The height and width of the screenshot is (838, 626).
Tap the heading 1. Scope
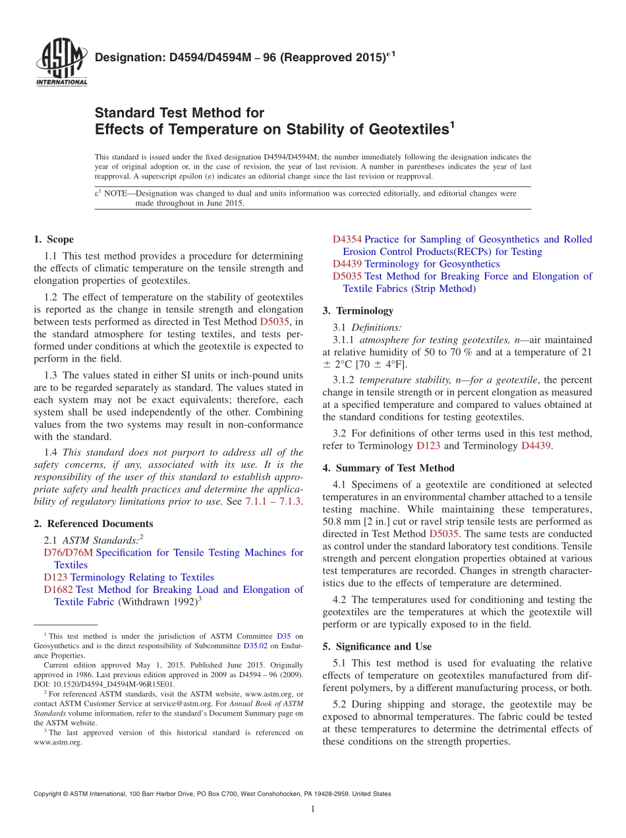click(53, 239)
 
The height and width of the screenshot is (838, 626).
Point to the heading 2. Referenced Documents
click(93, 524)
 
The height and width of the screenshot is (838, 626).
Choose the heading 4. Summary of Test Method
click(388, 468)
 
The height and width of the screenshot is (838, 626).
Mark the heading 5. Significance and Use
click(377, 646)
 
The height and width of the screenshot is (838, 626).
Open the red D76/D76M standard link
click(68, 553)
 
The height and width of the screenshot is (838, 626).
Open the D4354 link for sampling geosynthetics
click(347, 239)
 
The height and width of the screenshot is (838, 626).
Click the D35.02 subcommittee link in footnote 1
click(255, 646)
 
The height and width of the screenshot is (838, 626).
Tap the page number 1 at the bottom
click(313, 810)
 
